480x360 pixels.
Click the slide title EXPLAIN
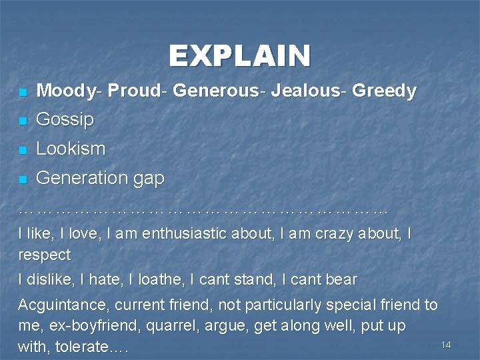[239, 56]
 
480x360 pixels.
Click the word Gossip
[65, 120]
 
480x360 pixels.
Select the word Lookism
[71, 149]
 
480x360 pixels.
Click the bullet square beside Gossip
[23, 121]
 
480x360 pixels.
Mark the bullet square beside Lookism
[23, 151]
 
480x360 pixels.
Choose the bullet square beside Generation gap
[23, 179]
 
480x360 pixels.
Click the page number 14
[446, 345]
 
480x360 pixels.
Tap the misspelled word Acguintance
[63, 305]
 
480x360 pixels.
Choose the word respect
[44, 255]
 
